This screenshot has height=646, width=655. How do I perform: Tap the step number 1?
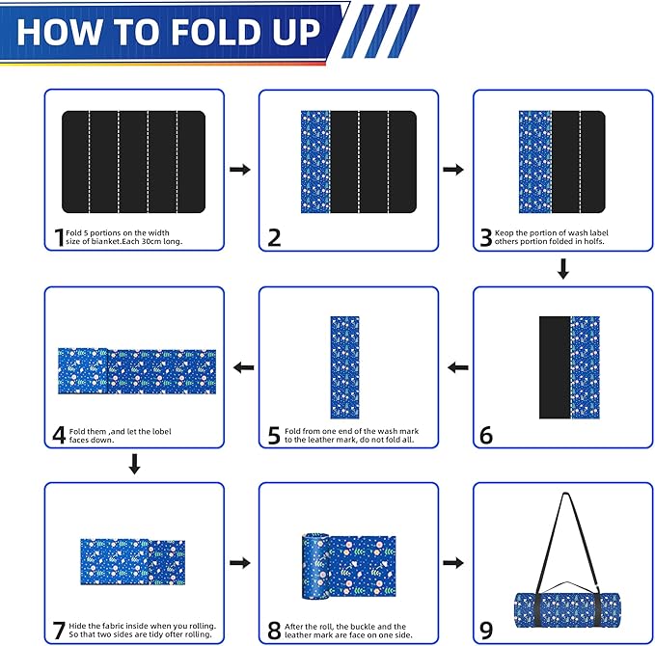pyautogui.click(x=58, y=237)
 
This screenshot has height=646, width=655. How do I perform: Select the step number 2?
pyautogui.click(x=274, y=237)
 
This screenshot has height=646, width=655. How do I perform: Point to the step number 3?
pyautogui.click(x=486, y=237)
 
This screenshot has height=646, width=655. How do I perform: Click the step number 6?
pyautogui.click(x=485, y=435)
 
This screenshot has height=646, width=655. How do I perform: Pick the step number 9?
pyautogui.click(x=485, y=631)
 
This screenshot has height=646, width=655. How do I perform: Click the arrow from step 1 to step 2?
pyautogui.click(x=240, y=170)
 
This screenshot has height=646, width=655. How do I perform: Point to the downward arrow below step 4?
pyautogui.click(x=135, y=465)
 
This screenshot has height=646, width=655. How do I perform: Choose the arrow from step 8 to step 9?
pyautogui.click(x=452, y=563)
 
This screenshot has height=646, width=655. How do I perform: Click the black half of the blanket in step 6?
pyautogui.click(x=555, y=366)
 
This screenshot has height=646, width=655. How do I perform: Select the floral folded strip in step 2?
pyautogui.click(x=316, y=162)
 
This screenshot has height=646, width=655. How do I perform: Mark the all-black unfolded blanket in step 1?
pyautogui.click(x=134, y=162)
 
